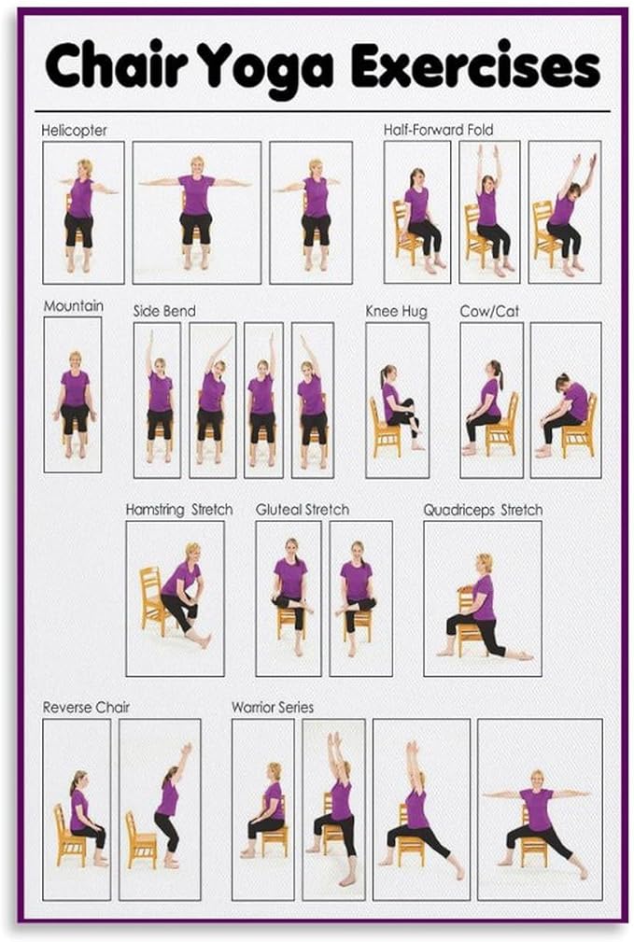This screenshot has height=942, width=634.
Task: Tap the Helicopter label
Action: pyautogui.click(x=74, y=131)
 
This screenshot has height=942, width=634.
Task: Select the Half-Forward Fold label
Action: pyautogui.click(x=438, y=130)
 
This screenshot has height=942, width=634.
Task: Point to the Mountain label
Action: pyautogui.click(x=73, y=306)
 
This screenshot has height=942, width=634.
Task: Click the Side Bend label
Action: pyautogui.click(x=164, y=310)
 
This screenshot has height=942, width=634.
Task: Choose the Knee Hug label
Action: pyautogui.click(x=396, y=311)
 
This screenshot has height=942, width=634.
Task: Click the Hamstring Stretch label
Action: pyautogui.click(x=179, y=510)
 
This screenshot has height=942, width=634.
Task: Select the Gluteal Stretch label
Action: pyautogui.click(x=303, y=510)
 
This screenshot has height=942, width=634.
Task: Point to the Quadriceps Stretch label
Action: pyautogui.click(x=482, y=510)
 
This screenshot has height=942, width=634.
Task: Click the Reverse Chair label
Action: pyautogui.click(x=86, y=707)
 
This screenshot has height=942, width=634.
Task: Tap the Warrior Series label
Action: pyautogui.click(x=273, y=707)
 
